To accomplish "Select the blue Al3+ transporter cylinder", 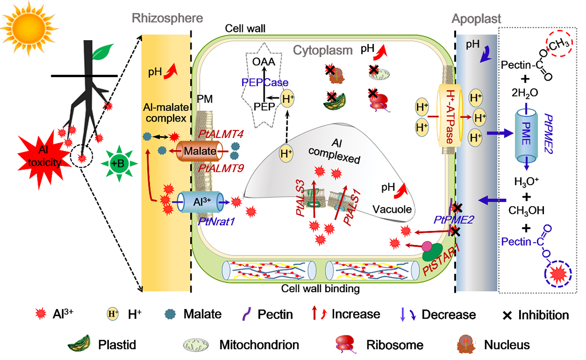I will (202, 202).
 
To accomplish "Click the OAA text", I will (264, 63).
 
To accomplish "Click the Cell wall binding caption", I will (320, 289).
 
